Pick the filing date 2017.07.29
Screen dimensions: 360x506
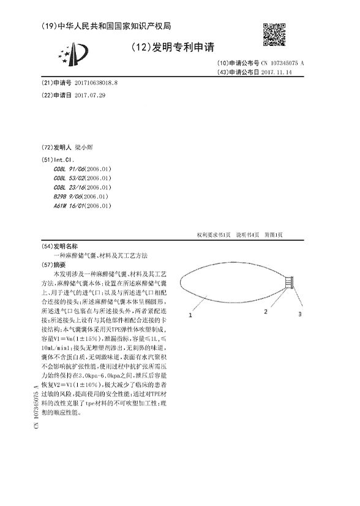pos(90,96)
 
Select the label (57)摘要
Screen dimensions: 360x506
pos(53,263)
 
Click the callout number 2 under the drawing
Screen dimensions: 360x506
pos(266,312)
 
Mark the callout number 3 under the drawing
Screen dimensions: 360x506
pos(300,314)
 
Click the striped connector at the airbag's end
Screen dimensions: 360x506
pos(291,282)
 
